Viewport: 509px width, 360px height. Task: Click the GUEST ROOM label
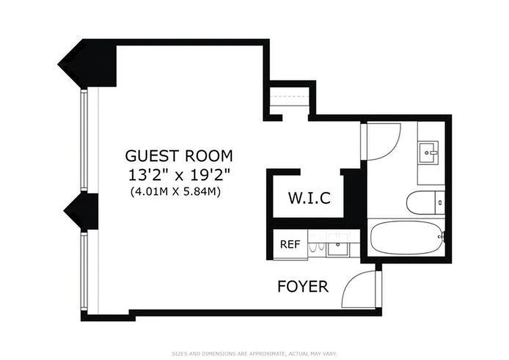tap(179, 156)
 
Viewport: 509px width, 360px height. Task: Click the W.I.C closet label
tap(309, 198)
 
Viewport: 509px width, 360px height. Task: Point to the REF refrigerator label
tap(290, 245)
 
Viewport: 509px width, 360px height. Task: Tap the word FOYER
tap(302, 287)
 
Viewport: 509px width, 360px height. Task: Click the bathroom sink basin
tap(428, 153)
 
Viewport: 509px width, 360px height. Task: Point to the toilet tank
tap(439, 202)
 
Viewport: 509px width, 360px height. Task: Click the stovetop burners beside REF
tap(317, 247)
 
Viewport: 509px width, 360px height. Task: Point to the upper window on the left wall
tap(84, 140)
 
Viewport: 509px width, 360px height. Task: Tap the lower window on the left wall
tap(84, 270)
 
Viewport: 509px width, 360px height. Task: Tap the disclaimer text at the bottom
tap(254, 354)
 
